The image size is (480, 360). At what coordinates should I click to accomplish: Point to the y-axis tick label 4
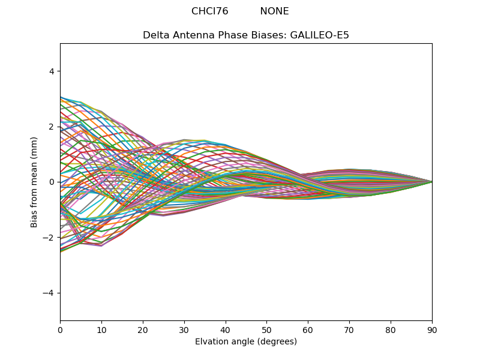pyautogui.click(x=51, y=71)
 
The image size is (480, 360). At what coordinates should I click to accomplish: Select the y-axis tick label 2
pyautogui.click(x=51, y=127)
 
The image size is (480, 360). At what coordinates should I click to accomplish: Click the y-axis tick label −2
pyautogui.click(x=49, y=238)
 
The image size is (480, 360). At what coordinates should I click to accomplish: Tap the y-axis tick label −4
pyautogui.click(x=49, y=293)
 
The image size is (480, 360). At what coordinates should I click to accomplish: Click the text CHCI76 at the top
pyautogui.click(x=209, y=11)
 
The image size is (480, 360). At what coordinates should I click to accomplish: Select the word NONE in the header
pyautogui.click(x=274, y=11)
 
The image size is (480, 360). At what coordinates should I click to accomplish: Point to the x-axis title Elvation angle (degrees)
pyautogui.click(x=246, y=341)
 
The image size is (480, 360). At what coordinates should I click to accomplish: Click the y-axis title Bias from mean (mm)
pyautogui.click(x=35, y=181)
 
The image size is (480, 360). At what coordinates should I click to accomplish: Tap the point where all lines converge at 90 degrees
pyautogui.click(x=431, y=182)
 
